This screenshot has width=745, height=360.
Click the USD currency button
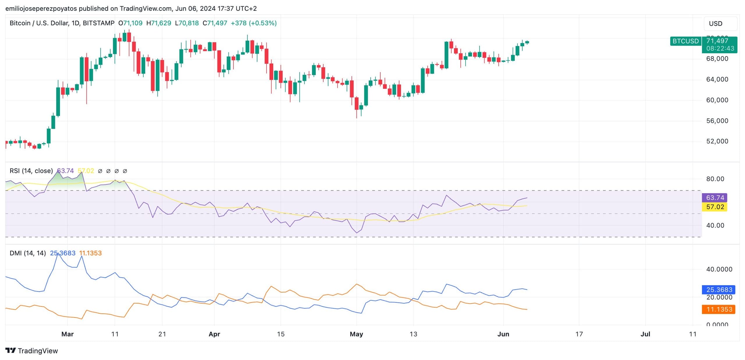coord(720,24)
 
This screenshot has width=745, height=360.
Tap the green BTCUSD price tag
coord(685,41)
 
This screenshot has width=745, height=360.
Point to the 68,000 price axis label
coord(717,59)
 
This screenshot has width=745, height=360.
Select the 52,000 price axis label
coord(717,141)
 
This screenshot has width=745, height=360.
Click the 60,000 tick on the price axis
coord(717,100)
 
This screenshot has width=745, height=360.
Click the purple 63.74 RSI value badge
coord(715,198)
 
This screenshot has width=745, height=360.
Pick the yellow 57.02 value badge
coord(715,207)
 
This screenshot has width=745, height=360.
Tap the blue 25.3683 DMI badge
coord(719,290)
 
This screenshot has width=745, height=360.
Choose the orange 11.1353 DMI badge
coord(719,309)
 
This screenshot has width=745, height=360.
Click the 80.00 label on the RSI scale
coord(715,179)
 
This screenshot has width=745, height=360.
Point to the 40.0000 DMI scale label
coord(719,269)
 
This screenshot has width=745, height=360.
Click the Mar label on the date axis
coord(68,334)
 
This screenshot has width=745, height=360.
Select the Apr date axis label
coord(214,334)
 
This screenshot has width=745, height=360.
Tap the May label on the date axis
coord(356,334)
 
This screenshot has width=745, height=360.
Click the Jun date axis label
coord(503,334)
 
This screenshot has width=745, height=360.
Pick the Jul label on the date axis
coord(645,334)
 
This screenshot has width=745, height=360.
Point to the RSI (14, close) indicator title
coord(31,171)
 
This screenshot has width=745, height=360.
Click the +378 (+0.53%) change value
coord(253,23)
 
